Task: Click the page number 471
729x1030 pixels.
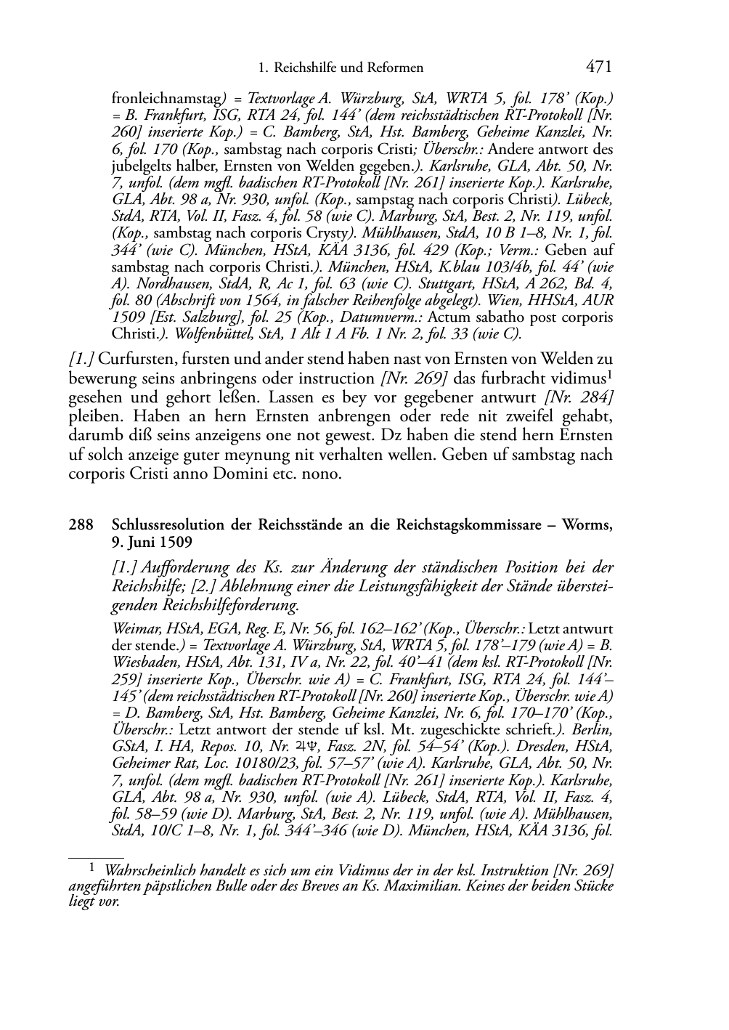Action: click(x=598, y=68)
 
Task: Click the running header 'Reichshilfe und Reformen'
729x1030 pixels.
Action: click(x=347, y=68)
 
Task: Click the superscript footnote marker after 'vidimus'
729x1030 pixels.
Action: click(x=609, y=375)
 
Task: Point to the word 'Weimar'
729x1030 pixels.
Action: click(x=133, y=628)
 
